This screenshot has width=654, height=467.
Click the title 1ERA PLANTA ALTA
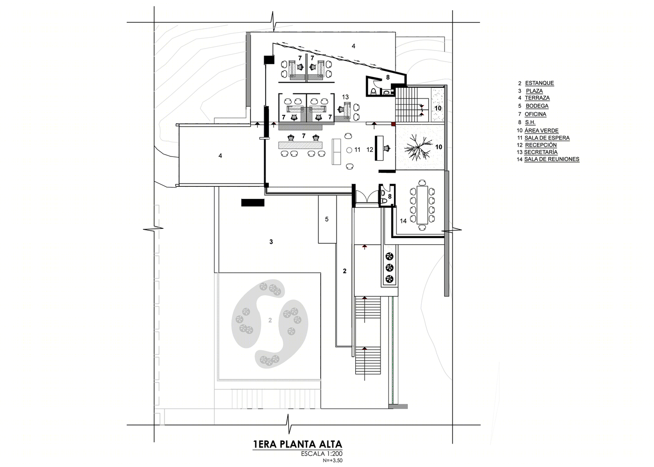(x=297, y=444)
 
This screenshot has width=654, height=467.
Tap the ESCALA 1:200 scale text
(x=322, y=454)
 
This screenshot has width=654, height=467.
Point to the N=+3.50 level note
(x=332, y=460)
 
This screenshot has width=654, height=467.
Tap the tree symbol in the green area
(x=418, y=148)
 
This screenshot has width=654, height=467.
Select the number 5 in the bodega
(x=327, y=219)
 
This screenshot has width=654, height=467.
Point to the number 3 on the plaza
(x=271, y=242)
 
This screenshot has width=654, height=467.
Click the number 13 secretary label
(x=345, y=97)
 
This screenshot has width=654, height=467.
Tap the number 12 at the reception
(x=370, y=149)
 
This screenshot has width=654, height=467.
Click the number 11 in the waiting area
(x=357, y=149)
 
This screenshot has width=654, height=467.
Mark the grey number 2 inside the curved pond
(x=270, y=320)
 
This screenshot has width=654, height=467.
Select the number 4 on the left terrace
(x=220, y=156)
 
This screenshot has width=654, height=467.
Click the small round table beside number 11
(x=349, y=150)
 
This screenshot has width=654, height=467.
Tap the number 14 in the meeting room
(x=403, y=221)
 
